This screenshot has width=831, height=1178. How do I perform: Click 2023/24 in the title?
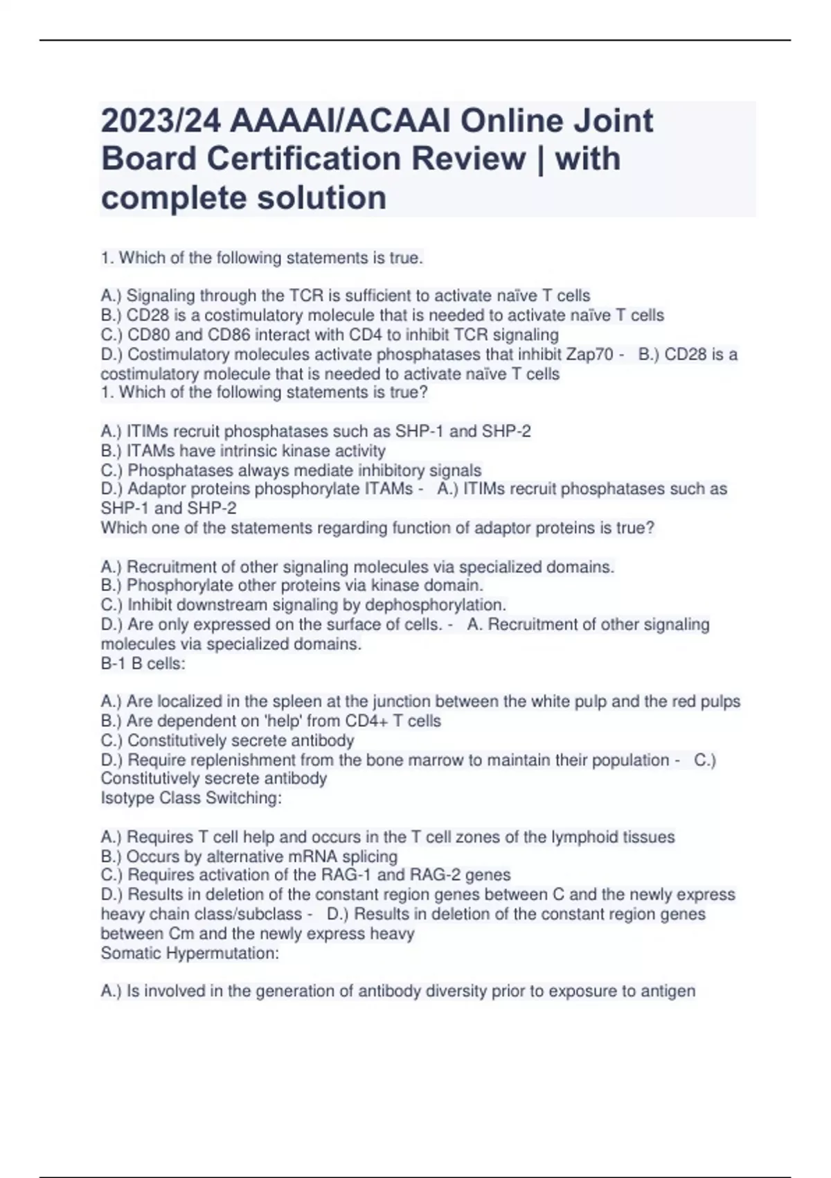(x=161, y=121)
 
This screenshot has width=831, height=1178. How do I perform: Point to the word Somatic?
(x=129, y=953)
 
